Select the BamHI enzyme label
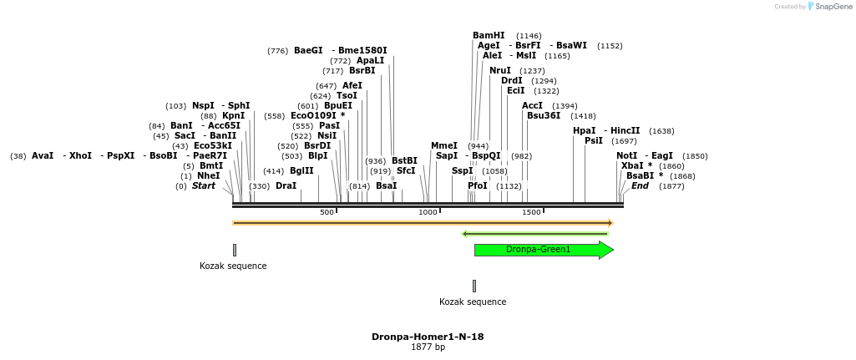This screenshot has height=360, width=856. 489,35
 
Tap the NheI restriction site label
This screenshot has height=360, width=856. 209,175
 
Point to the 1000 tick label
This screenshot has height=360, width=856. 428,212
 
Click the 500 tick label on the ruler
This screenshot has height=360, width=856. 327,212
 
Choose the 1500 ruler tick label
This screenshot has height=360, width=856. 531,212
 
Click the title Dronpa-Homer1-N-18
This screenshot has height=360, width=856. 428,337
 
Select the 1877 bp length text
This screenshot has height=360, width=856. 428,347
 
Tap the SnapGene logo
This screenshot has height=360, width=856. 830,7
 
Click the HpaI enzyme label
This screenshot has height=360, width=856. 584,130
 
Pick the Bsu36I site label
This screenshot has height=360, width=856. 544,115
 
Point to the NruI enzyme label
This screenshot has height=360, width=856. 499,70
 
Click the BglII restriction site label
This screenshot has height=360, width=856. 301,170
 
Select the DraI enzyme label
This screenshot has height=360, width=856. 286,185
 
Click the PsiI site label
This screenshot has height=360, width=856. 593,140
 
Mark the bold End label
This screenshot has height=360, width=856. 640,185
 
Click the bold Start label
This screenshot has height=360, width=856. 203,185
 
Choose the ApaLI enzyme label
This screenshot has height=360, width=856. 371,60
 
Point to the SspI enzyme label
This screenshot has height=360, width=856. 462,170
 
